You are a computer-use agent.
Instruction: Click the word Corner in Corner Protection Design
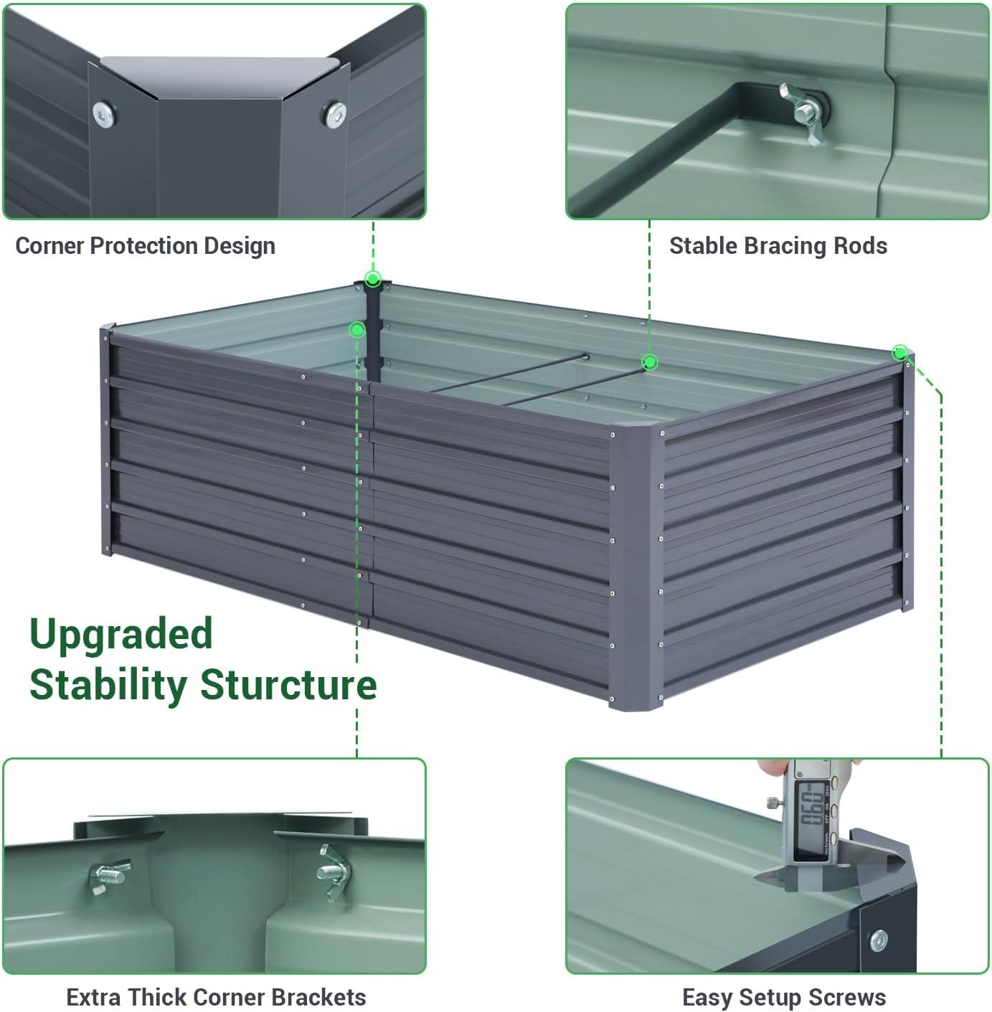(49, 246)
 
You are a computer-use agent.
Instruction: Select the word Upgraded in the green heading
(121, 635)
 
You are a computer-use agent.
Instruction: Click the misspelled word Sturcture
(288, 684)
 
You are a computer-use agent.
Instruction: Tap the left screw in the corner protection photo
(104, 114)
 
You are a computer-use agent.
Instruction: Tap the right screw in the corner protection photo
(335, 113)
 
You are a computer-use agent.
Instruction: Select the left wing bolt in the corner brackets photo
(108, 876)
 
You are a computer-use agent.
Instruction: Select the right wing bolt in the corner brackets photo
(334, 871)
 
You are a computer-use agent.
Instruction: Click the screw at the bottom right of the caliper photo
(877, 940)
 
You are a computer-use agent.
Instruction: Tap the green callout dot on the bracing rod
(649, 361)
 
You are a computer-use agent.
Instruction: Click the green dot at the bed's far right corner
(900, 352)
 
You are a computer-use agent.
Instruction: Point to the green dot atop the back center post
(372, 279)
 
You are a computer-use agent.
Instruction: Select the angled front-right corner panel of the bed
(634, 567)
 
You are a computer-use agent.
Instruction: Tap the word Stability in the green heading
(108, 684)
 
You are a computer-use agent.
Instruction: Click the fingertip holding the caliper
(771, 769)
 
